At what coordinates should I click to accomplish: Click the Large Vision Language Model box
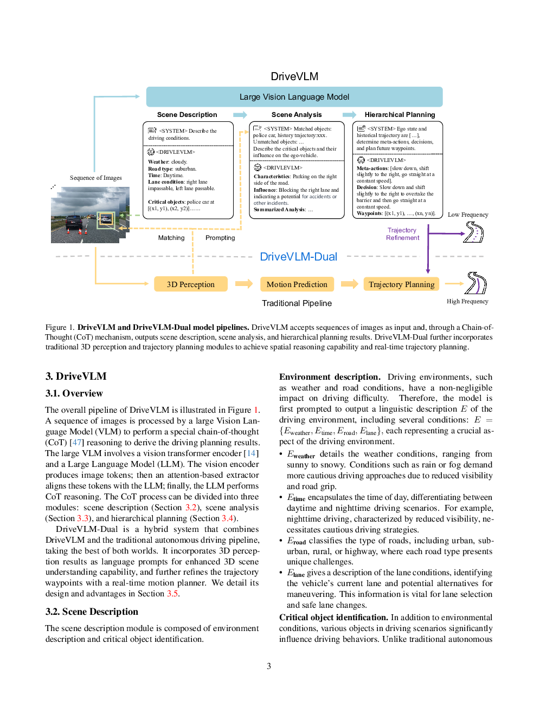click(x=294, y=97)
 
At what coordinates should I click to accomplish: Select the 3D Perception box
click(x=191, y=284)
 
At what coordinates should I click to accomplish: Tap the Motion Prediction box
click(x=297, y=284)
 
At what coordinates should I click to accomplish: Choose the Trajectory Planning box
click(x=401, y=284)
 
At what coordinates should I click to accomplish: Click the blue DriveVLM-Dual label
click(x=298, y=257)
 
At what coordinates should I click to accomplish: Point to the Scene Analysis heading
click(x=297, y=114)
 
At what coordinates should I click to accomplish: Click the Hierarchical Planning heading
click(x=400, y=114)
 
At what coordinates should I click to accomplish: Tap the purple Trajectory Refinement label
click(x=402, y=234)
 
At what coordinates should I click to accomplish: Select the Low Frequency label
click(x=468, y=214)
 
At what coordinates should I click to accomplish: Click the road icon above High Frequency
click(x=475, y=283)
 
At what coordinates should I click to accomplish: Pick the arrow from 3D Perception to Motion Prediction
click(x=244, y=284)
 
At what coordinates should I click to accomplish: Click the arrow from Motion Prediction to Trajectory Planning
click(x=350, y=284)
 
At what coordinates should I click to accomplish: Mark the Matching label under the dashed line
click(x=171, y=238)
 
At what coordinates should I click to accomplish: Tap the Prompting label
click(x=220, y=238)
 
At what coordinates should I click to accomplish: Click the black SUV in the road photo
click(x=74, y=223)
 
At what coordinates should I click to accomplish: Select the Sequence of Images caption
click(x=95, y=178)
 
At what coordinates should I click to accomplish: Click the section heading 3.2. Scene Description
click(x=92, y=612)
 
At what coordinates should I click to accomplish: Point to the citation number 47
click(x=77, y=442)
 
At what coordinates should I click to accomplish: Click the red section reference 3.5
click(x=172, y=593)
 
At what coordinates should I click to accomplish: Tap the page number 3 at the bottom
click(x=269, y=666)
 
